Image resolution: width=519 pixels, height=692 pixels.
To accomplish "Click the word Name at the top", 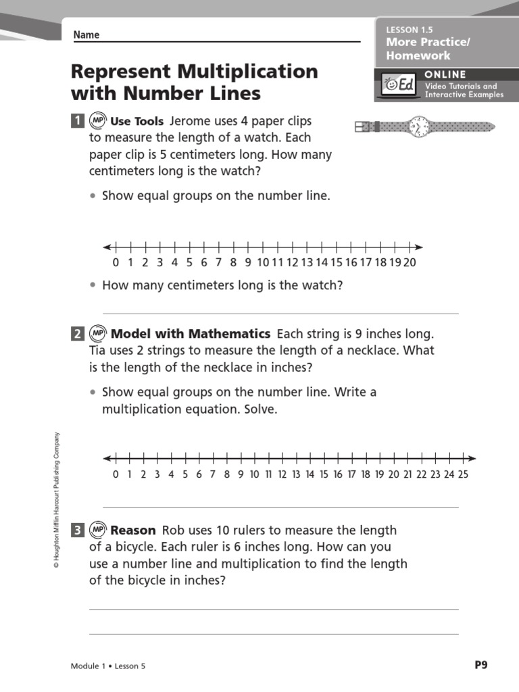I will [86, 35].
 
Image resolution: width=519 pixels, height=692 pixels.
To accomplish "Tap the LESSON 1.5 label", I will [409, 30].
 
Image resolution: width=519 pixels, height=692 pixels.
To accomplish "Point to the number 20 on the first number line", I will [409, 263].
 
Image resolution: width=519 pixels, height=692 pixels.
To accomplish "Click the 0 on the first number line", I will [116, 263].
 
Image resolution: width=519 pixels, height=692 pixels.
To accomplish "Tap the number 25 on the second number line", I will [463, 474].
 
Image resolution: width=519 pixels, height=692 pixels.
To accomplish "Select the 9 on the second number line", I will [241, 474].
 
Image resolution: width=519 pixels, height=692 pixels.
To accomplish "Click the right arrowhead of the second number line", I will [472, 458].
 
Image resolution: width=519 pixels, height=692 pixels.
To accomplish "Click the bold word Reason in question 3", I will [133, 530].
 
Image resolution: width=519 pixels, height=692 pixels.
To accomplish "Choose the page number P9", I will [480, 665].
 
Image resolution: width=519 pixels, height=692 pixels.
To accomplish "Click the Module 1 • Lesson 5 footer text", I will [108, 666].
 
